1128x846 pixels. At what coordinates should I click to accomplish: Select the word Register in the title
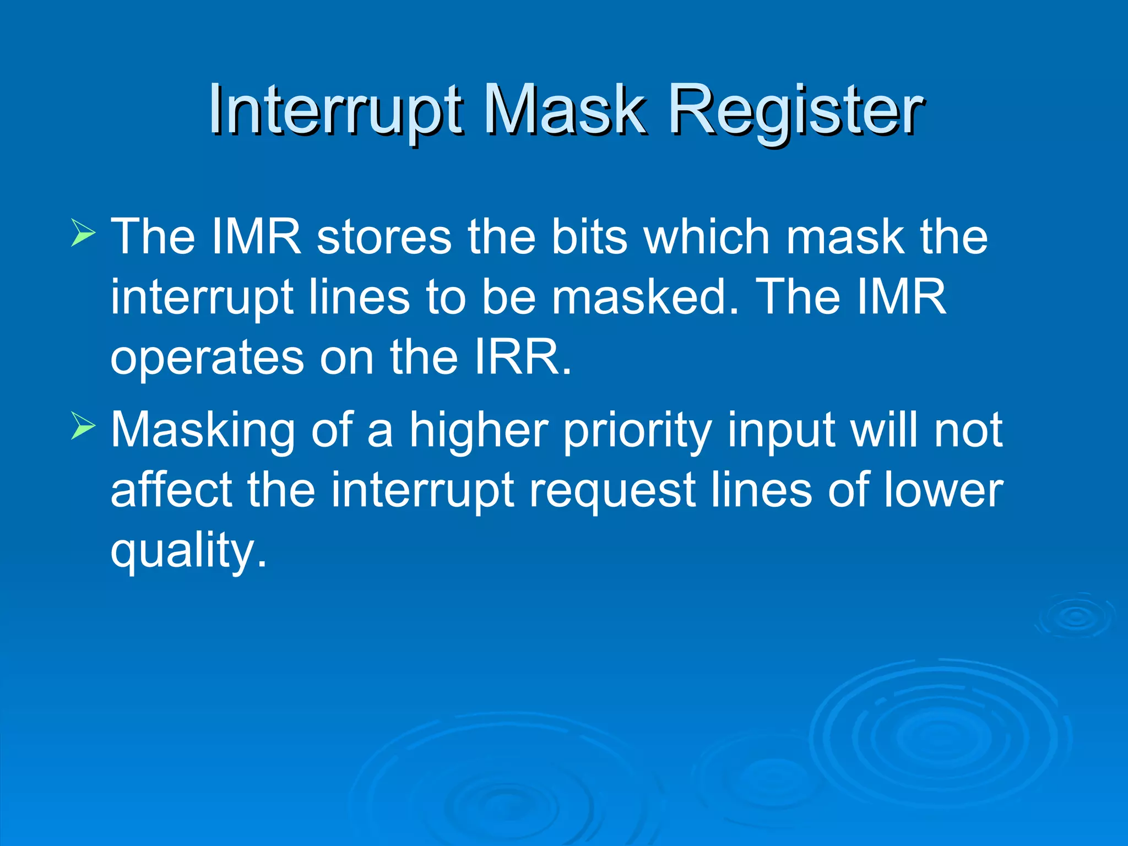coord(795,110)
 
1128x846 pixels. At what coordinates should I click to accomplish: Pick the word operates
coord(207,358)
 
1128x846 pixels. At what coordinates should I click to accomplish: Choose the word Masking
coord(203,431)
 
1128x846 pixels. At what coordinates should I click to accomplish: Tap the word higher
coord(478,430)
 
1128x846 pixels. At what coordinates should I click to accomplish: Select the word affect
coord(171,490)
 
